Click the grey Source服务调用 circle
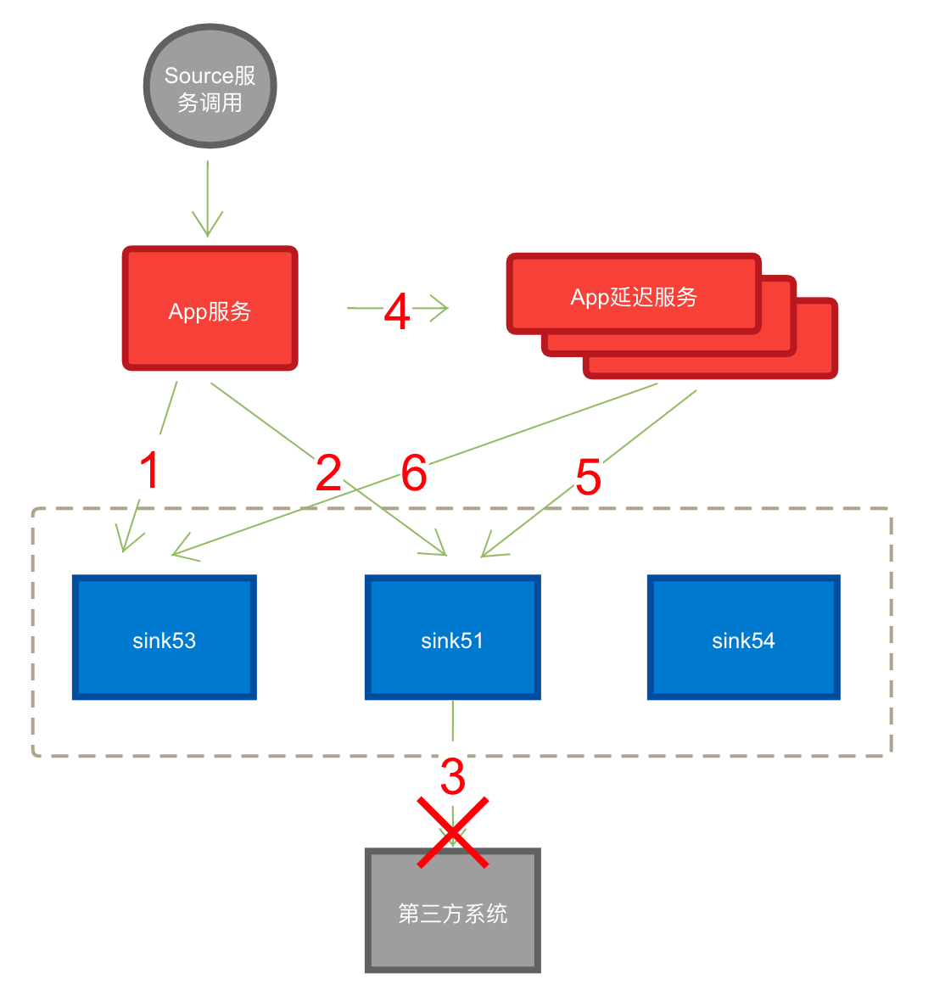coord(210,87)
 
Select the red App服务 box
coord(210,309)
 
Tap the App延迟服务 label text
coord(634,297)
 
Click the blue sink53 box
coord(164,638)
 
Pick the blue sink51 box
coord(452,638)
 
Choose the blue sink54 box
coord(743,638)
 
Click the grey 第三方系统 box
coord(452,911)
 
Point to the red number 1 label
coord(149,468)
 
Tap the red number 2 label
coord(328,470)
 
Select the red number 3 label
coord(452,773)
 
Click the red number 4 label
coord(398,309)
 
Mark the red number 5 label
coord(588,474)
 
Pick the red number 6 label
coord(414,470)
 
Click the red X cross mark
coord(453,833)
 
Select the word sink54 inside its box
coord(743,640)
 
